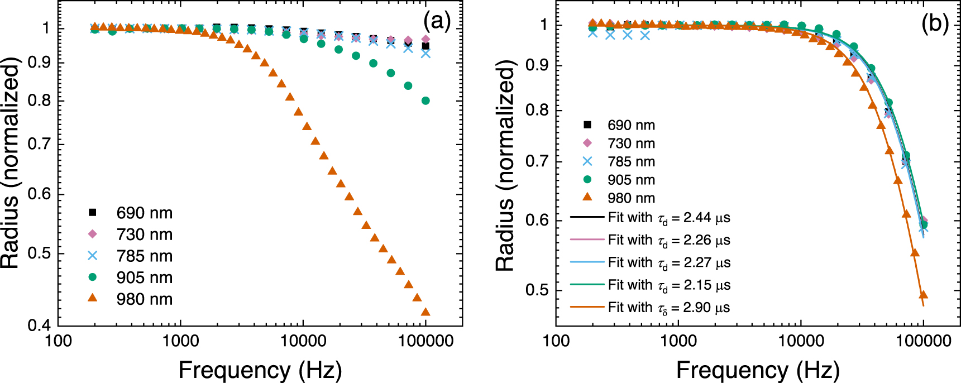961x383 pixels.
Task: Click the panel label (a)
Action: tap(437, 22)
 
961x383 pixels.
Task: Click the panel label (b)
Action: tap(935, 23)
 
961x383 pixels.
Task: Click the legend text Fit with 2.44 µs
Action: tap(669, 218)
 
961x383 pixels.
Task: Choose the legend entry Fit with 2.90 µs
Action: tap(669, 308)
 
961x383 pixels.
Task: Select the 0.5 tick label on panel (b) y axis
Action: tap(537, 290)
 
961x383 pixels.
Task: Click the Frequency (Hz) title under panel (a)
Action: tap(260, 370)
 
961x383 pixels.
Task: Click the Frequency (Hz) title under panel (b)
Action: tap(758, 370)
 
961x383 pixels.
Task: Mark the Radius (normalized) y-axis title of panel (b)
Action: tap(505, 166)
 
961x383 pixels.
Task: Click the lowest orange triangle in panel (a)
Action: tap(425, 312)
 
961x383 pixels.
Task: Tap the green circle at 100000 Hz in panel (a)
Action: tap(425, 101)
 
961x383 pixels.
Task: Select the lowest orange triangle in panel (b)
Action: tap(923, 295)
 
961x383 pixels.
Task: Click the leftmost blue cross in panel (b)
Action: tap(593, 33)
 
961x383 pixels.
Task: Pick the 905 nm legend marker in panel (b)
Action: tap(587, 180)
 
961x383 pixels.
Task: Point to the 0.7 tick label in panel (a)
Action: tap(39, 145)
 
